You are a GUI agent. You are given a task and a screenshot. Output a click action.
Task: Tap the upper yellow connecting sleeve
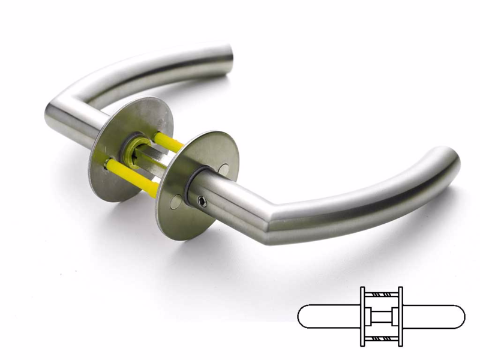click(169, 142)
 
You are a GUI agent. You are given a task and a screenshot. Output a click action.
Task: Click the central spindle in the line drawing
click(381, 316)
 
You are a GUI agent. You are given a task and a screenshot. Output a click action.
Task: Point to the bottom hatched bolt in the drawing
click(381, 338)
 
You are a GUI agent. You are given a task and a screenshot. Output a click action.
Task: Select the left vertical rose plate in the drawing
click(362, 316)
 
